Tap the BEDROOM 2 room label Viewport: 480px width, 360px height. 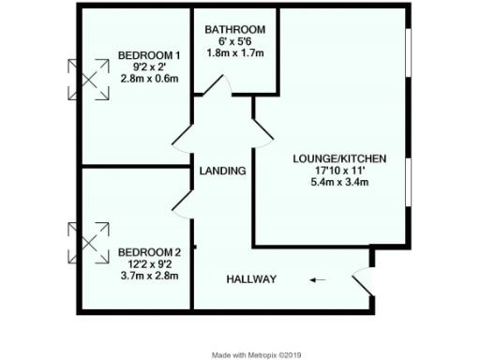tap(142, 252)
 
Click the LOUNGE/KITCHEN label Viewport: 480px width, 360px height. tap(338, 157)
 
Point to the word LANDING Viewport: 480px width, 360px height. tap(222, 172)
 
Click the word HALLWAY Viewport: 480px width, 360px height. tap(250, 279)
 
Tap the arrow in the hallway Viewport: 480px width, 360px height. tap(319, 278)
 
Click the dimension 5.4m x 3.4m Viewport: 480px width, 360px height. tap(338, 182)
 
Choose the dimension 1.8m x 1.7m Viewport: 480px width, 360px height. tap(234, 54)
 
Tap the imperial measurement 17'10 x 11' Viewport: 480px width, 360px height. tap(338, 170)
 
